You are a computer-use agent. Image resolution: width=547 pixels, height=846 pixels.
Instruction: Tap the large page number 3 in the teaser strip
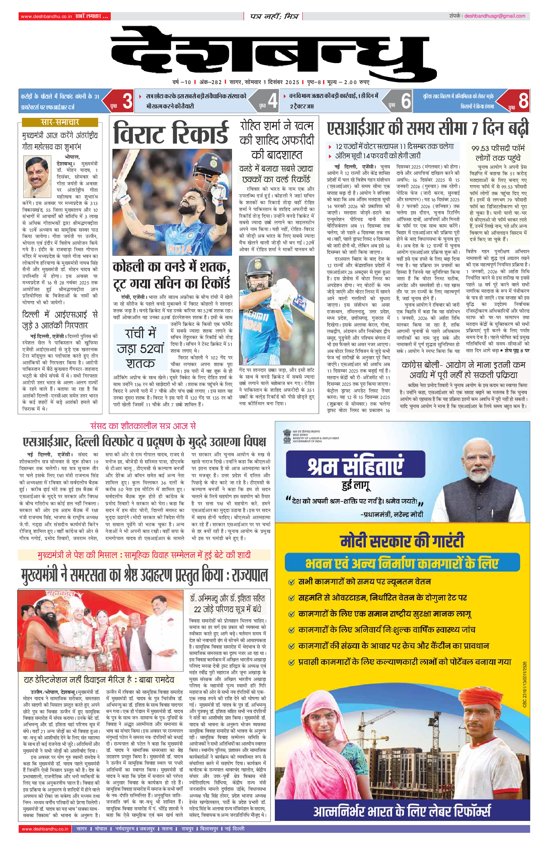coord(127,101)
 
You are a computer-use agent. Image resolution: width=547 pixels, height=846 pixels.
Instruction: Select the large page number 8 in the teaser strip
coord(523,101)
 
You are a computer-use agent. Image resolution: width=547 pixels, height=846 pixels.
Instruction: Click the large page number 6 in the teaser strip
coord(406,101)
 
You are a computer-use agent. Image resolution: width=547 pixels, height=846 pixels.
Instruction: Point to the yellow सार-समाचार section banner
coord(60,122)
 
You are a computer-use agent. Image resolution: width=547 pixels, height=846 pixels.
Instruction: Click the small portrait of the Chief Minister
coord(38,177)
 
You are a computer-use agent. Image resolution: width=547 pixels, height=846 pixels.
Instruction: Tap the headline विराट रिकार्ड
coord(171,133)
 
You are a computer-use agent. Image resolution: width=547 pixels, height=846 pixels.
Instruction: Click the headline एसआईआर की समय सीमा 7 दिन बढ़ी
coord(428,129)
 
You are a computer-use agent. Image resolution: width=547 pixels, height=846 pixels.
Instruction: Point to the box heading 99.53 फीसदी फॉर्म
coord(498,153)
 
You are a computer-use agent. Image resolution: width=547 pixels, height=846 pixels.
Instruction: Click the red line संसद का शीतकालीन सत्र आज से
coord(143,426)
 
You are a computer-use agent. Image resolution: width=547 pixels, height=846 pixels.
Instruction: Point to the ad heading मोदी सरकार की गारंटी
coord(402,542)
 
